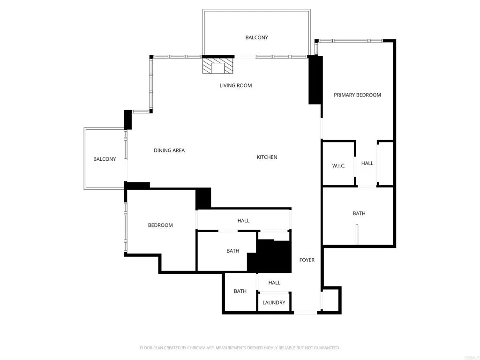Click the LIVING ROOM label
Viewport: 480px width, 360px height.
(x=236, y=85)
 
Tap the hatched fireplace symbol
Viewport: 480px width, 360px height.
(x=218, y=66)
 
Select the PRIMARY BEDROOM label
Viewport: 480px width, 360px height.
(x=357, y=95)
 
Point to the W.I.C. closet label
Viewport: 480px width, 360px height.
(x=338, y=166)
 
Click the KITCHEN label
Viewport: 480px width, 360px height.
(x=267, y=157)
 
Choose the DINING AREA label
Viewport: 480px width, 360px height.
(x=169, y=150)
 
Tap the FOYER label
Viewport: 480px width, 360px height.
(x=307, y=260)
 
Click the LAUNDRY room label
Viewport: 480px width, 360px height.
(x=274, y=302)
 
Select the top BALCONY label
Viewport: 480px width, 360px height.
(x=256, y=37)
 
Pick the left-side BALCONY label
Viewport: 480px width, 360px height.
(x=105, y=159)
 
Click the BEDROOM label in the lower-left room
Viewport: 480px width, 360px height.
(x=160, y=225)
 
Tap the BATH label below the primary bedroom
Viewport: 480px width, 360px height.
(x=359, y=213)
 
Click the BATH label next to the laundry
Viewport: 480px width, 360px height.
(x=240, y=291)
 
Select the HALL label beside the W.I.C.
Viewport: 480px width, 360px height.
(x=367, y=163)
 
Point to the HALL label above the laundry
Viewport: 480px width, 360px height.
(x=274, y=282)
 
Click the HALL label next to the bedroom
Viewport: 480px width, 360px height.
(x=243, y=220)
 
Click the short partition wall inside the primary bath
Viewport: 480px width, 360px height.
(x=357, y=234)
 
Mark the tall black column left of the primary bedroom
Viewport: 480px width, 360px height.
(x=315, y=80)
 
